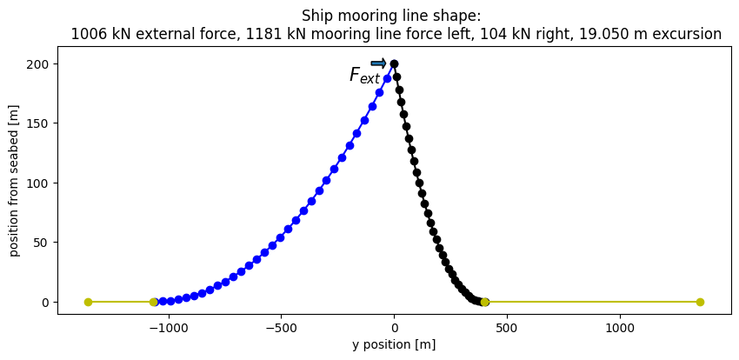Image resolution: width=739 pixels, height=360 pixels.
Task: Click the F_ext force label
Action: coord(364,76)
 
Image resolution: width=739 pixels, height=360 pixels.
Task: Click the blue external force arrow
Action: coord(378,63)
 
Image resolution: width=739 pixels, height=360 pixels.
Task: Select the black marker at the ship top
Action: coord(394,63)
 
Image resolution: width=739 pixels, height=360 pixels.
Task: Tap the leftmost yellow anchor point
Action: coord(88,302)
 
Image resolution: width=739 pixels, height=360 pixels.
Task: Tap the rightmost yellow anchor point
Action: coord(700,302)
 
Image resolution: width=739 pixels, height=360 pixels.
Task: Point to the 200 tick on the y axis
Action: coord(41,64)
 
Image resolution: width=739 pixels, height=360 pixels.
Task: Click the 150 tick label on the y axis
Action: coord(41,123)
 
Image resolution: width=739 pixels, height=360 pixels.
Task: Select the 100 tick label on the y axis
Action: coord(41,183)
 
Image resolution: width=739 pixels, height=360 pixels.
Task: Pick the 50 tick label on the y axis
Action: coord(43,243)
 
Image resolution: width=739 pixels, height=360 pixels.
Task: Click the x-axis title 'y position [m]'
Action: coord(394,344)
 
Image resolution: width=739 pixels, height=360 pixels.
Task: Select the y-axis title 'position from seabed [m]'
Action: coord(14,183)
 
